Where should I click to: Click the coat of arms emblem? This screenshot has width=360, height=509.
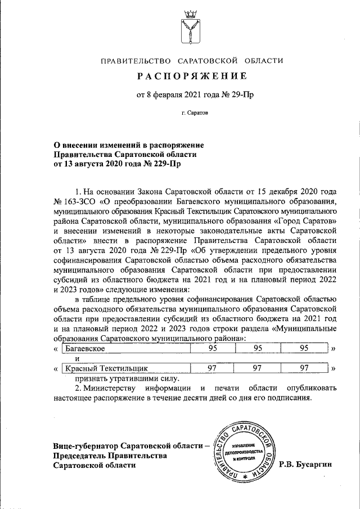pyautogui.click(x=190, y=28)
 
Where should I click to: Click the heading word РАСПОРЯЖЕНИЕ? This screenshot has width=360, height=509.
pyautogui.click(x=190, y=76)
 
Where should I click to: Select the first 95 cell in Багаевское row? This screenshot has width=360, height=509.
pyautogui.click(x=213, y=349)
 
